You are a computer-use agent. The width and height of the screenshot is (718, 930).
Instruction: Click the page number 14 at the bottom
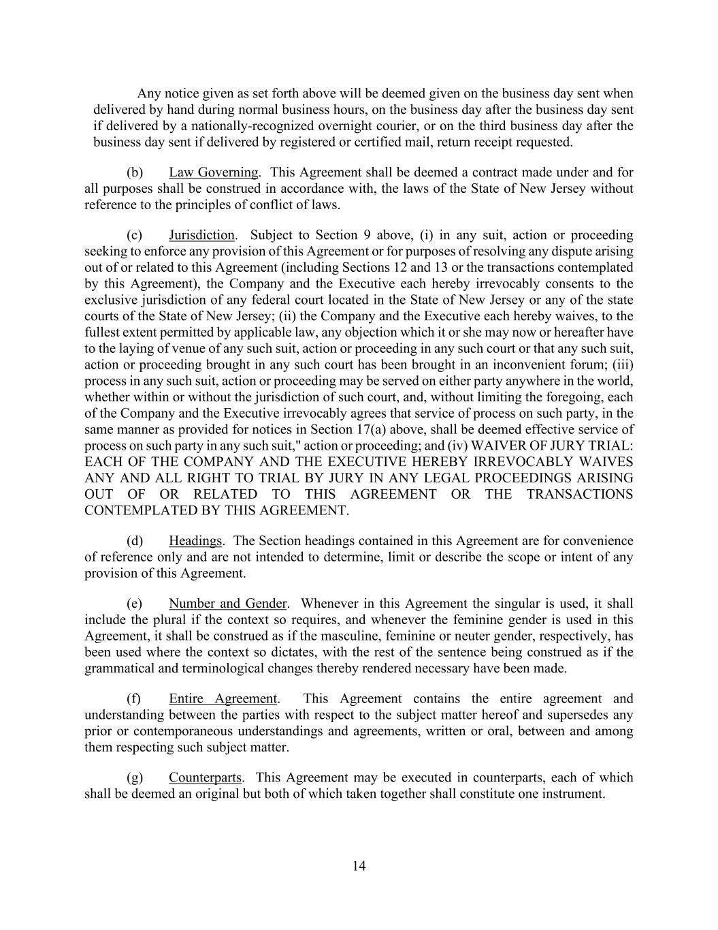coord(359,866)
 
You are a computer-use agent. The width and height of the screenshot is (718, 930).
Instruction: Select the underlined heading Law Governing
coord(213,172)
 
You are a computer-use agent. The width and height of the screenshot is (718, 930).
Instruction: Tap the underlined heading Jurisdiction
coord(201,235)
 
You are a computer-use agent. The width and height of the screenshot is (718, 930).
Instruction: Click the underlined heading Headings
coord(195,541)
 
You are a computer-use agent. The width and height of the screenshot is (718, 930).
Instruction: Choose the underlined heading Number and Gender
coord(227,604)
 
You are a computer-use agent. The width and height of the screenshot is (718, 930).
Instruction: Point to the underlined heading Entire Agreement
coord(223,699)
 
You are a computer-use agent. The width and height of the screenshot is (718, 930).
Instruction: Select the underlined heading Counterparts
coord(205,778)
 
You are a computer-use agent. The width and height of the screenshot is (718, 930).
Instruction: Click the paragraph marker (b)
coord(134,172)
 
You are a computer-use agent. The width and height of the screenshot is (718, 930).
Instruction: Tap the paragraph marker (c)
coord(134,235)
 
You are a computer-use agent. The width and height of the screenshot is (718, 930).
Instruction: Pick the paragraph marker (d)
coord(134,541)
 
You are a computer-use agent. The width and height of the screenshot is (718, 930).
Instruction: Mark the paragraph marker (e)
coord(134,604)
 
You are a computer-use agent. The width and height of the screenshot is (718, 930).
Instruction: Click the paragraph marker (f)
coord(134,699)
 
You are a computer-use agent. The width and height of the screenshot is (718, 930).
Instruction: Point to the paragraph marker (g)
coord(134,778)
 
